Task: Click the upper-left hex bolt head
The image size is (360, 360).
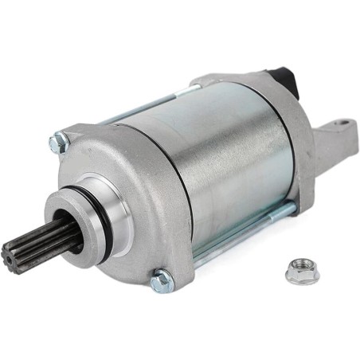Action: [x=57, y=144]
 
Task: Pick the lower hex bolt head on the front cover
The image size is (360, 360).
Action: [x=162, y=280]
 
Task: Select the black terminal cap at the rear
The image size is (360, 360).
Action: [x=284, y=79]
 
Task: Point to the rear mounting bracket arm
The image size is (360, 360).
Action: [x=327, y=143]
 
